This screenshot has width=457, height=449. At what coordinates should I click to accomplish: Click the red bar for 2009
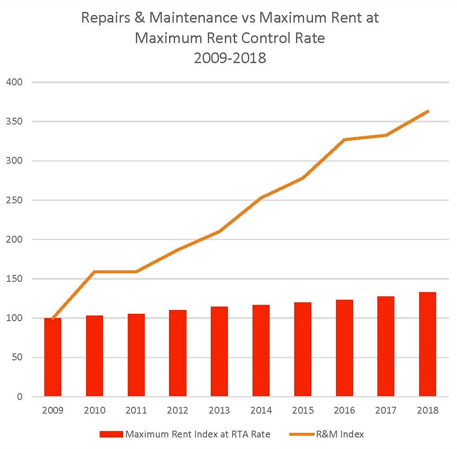tap(53, 357)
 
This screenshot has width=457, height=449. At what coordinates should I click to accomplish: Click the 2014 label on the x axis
tap(261, 410)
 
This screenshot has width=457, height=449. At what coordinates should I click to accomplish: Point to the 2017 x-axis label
tap(386, 410)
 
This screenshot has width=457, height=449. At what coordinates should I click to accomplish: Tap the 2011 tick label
tap(136, 410)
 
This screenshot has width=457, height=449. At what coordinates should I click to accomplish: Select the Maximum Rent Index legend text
tap(198, 435)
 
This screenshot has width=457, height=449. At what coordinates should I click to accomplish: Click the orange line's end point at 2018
tap(427, 112)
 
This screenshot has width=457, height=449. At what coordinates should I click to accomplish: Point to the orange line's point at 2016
tap(344, 139)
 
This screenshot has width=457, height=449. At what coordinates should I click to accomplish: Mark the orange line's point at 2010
tap(94, 272)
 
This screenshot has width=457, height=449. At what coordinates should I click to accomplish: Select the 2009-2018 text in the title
tap(230, 57)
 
